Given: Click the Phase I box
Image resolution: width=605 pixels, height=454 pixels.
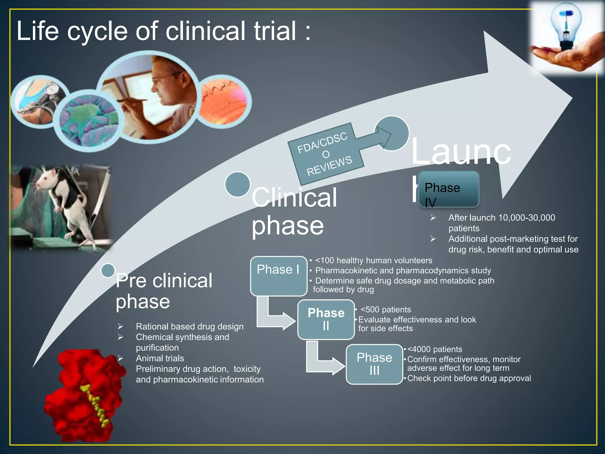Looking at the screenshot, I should [x=278, y=276].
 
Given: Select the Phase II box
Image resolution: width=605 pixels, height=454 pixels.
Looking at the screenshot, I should [x=326, y=320].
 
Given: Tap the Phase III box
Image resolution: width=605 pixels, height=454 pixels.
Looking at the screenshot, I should [x=374, y=364].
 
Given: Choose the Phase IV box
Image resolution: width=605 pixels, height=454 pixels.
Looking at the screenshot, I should [x=449, y=189].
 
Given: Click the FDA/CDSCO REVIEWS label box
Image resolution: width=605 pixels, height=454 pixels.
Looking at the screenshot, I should [x=325, y=154].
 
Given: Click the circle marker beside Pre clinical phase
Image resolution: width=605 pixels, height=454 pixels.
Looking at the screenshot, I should [x=108, y=270].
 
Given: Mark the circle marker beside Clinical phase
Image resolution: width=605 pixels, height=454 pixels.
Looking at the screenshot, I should [x=238, y=184].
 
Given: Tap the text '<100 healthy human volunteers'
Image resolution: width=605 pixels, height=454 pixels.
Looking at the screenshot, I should [x=373, y=260].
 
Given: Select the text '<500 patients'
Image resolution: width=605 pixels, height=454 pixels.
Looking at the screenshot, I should [x=386, y=309].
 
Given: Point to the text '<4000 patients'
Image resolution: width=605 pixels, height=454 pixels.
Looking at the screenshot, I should [x=435, y=349].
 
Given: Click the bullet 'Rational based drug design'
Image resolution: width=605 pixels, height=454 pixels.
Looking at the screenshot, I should [x=190, y=326].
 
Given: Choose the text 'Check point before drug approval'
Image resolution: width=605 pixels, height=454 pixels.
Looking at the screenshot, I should [x=469, y=378].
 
